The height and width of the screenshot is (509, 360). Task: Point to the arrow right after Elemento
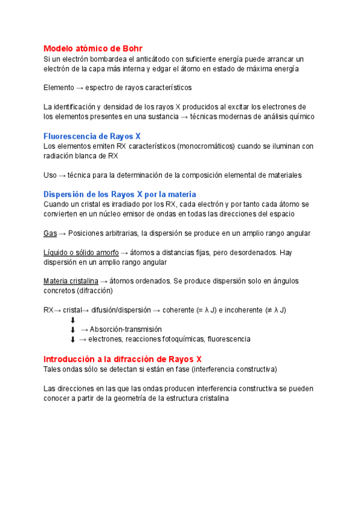(80, 88)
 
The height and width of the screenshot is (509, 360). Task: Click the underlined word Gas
(50, 233)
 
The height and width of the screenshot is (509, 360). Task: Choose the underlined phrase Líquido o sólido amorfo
(81, 252)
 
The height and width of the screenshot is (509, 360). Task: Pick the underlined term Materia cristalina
(71, 281)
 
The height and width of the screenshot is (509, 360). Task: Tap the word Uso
(50, 175)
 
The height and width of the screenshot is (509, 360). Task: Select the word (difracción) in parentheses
(94, 291)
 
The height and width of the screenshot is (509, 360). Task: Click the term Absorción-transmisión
(125, 330)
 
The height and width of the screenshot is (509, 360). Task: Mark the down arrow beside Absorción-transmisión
(73, 330)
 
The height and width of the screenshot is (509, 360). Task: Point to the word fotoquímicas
(180, 339)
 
